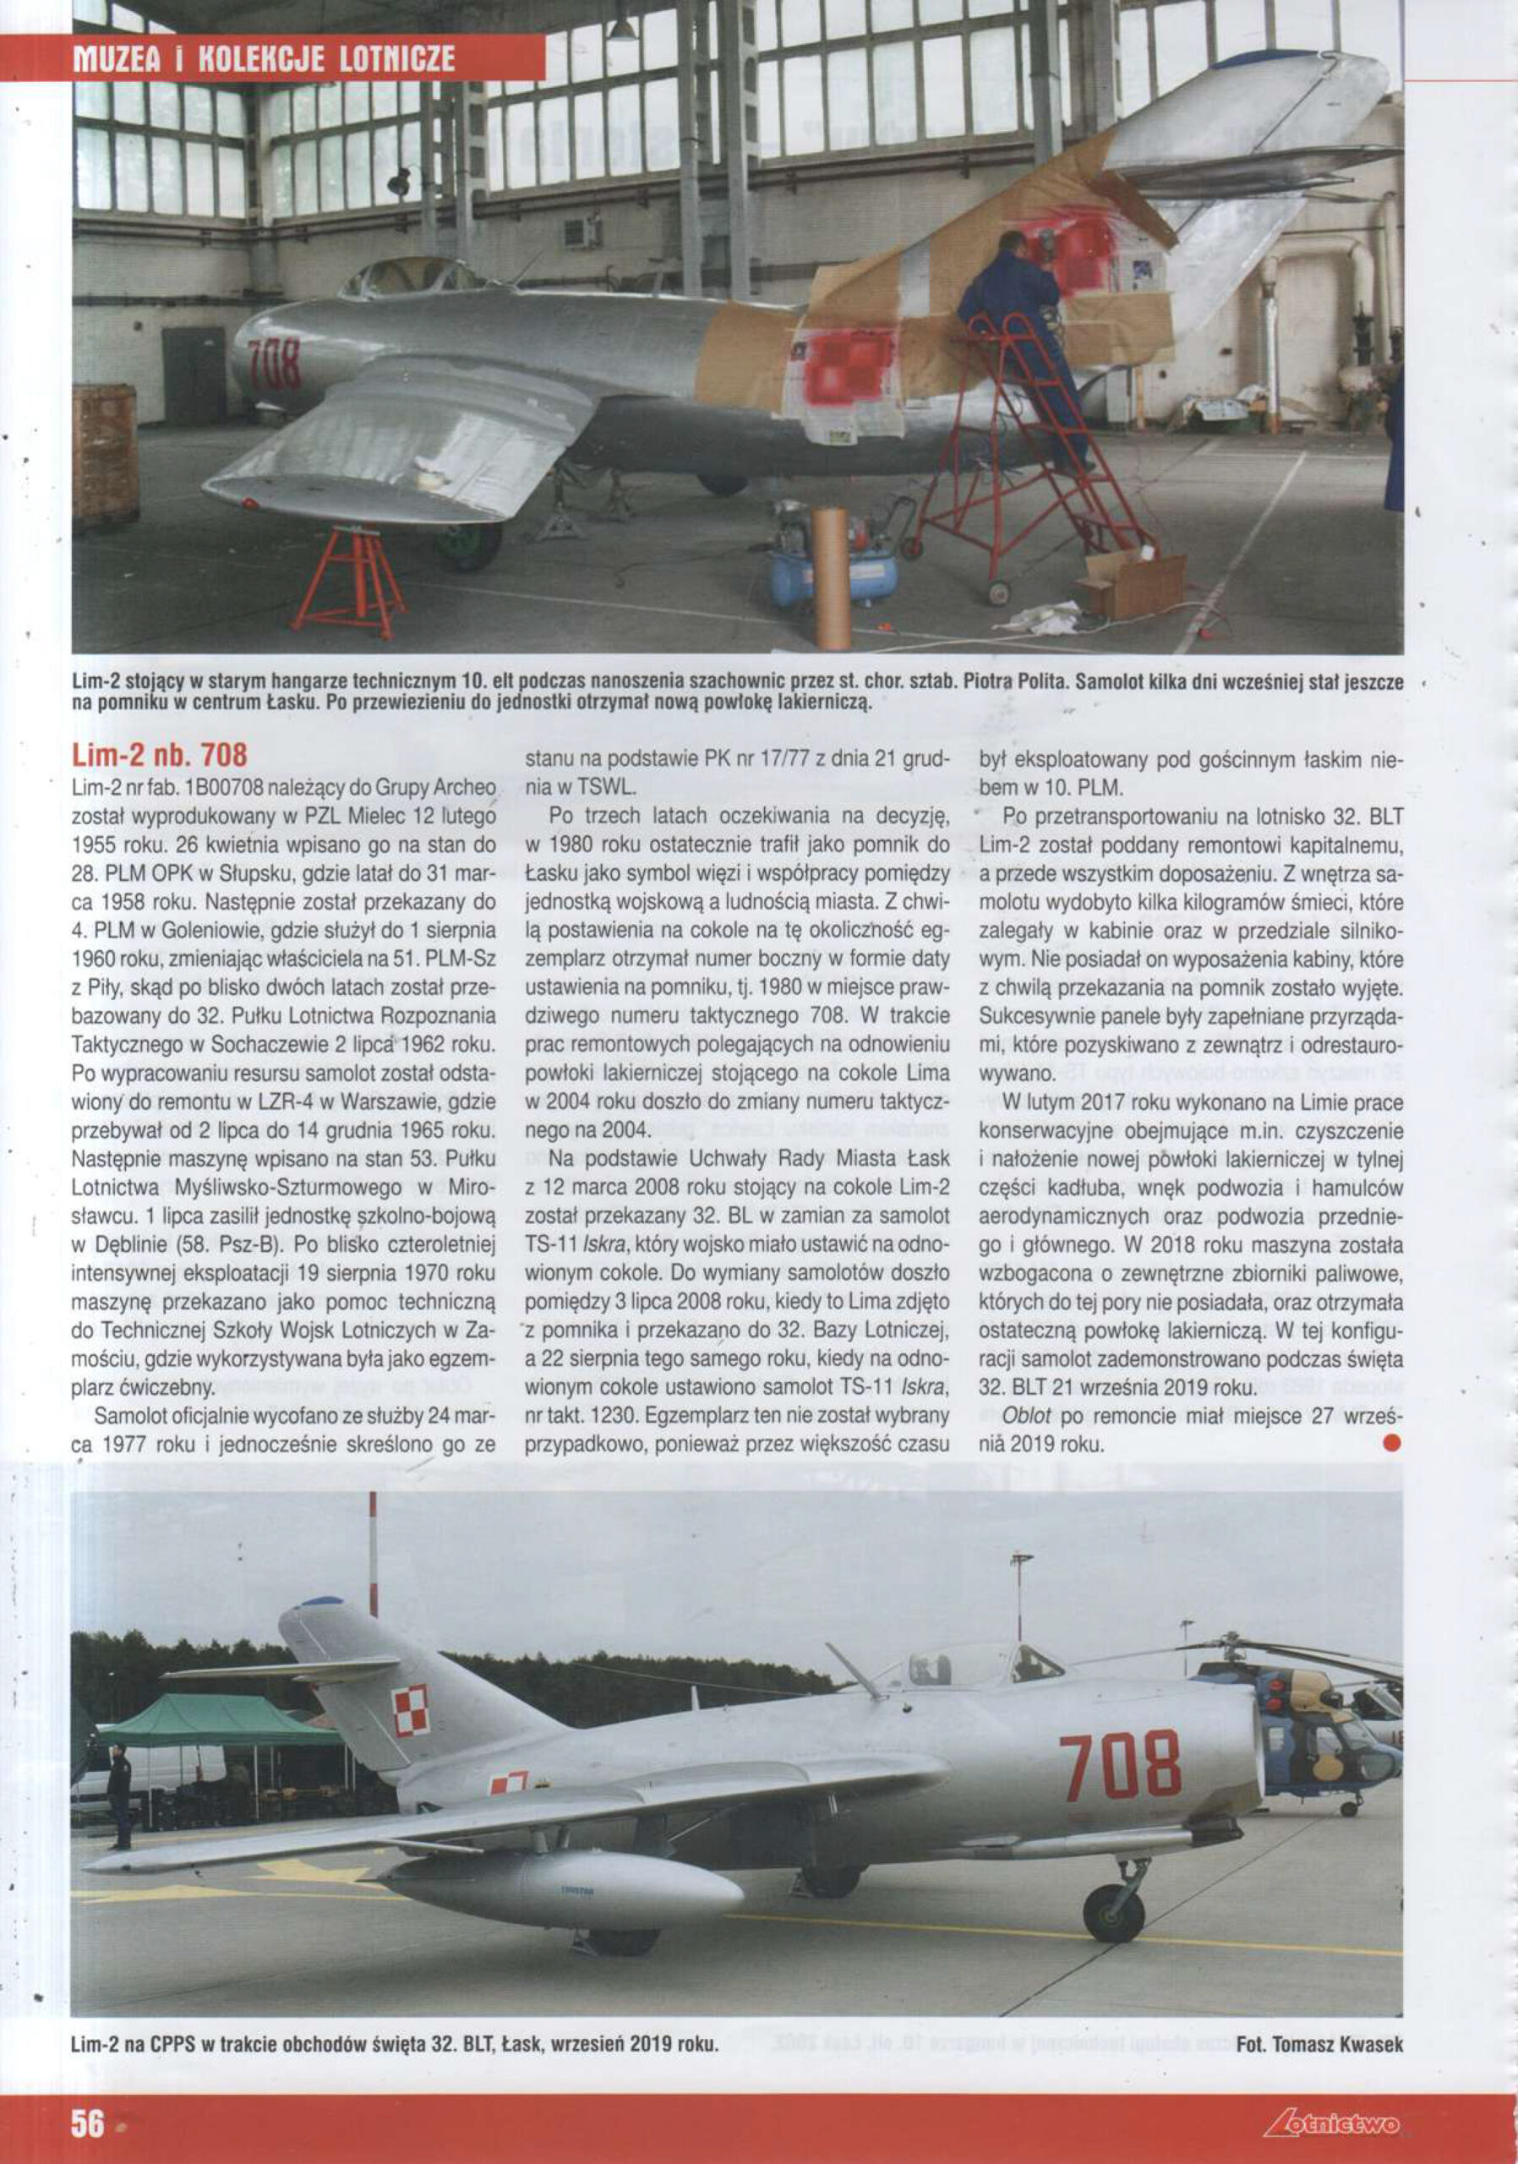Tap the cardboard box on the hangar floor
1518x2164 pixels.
tap(1131, 584)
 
